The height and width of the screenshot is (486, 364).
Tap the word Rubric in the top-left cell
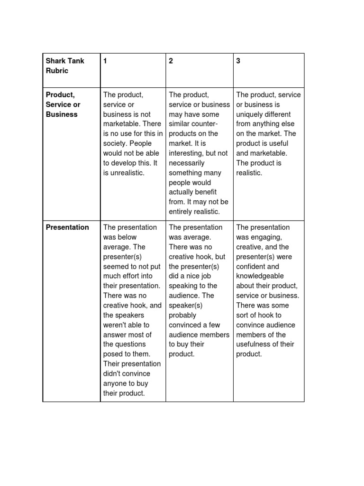click(57, 71)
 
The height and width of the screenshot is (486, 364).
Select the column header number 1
click(105, 61)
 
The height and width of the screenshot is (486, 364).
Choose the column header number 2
click(171, 61)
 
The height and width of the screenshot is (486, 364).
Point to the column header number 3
click(238, 61)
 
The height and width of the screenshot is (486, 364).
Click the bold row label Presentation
click(67, 227)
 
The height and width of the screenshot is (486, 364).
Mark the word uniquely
click(250, 114)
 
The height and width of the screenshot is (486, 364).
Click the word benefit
click(204, 192)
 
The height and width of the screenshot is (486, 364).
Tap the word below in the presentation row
click(127, 237)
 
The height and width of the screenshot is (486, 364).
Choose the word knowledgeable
click(260, 276)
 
